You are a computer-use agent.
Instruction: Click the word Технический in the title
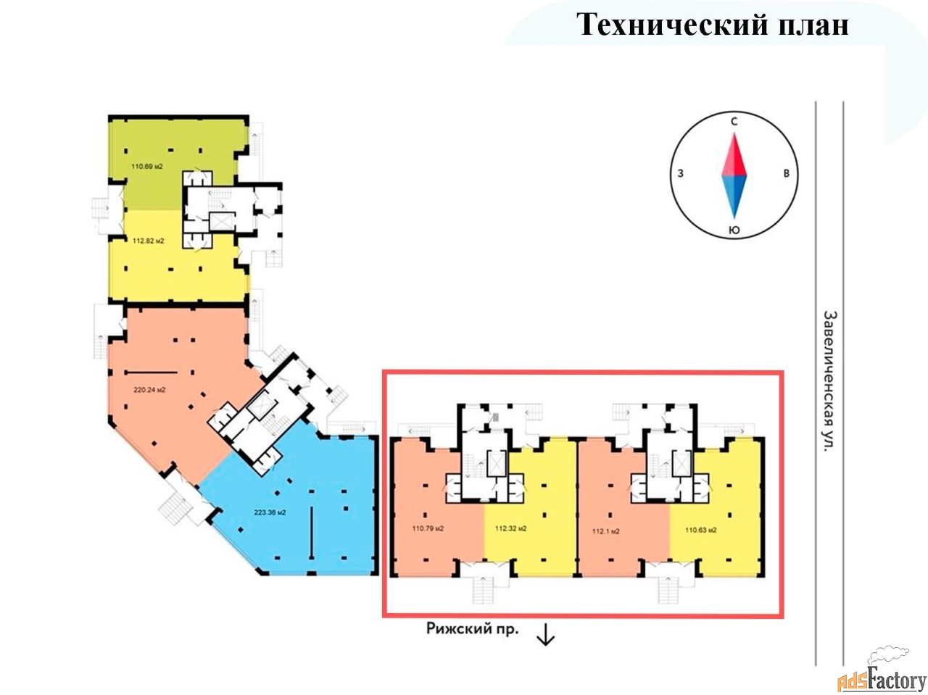point(671,24)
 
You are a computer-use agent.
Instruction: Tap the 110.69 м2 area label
point(146,167)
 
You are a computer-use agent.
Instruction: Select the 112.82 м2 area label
point(148,241)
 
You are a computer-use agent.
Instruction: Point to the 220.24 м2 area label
point(149,390)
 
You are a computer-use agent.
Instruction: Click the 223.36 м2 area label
point(270,512)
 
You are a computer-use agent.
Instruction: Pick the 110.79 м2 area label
point(428,528)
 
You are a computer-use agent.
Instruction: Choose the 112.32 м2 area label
point(510,528)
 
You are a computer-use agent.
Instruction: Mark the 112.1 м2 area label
point(605,531)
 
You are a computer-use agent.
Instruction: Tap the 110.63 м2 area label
point(700,530)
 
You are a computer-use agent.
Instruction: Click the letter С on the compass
point(734,122)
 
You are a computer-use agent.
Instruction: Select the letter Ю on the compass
point(734,230)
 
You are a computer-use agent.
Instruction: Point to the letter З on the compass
point(680,173)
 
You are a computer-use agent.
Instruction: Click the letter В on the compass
point(787,173)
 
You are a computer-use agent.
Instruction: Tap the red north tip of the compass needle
point(734,134)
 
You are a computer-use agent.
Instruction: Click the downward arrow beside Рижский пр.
point(545,635)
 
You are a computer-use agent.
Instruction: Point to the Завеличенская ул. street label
point(829,381)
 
